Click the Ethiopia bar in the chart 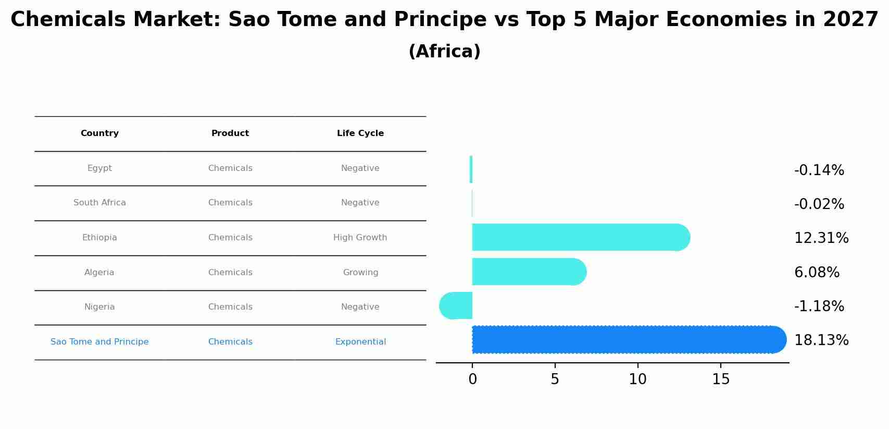point(581,237)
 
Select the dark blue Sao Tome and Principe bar point(629,340)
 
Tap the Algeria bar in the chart point(529,272)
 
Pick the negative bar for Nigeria point(456,305)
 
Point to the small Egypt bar point(471,169)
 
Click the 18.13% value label point(821,340)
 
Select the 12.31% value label point(821,238)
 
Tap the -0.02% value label point(819,204)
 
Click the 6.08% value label point(817,273)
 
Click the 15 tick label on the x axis point(721,379)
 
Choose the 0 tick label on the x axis point(472,379)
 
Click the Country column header point(99,133)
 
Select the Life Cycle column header point(360,133)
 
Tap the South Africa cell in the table point(99,203)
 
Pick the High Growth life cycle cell point(360,238)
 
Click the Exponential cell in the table point(360,342)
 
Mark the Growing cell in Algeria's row point(360,273)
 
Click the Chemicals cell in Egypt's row point(230,168)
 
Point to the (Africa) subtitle point(445,51)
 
